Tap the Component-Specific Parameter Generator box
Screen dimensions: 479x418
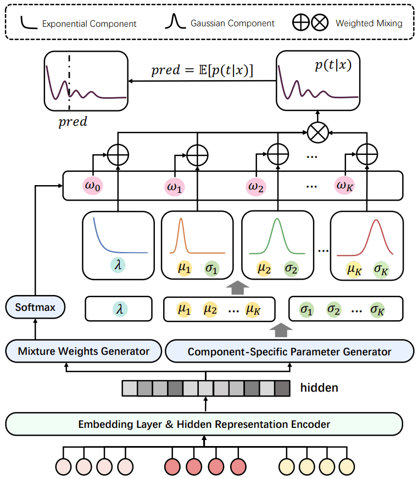pos(289,351)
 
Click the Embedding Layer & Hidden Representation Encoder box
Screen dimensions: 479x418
pos(204,424)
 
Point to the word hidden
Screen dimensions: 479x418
pos(319,388)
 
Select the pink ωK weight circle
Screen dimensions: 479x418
pos(344,186)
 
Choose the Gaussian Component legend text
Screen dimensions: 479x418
pos(231,24)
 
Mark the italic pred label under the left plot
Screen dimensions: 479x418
pos(73,121)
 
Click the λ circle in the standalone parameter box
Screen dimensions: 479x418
pos(119,309)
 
